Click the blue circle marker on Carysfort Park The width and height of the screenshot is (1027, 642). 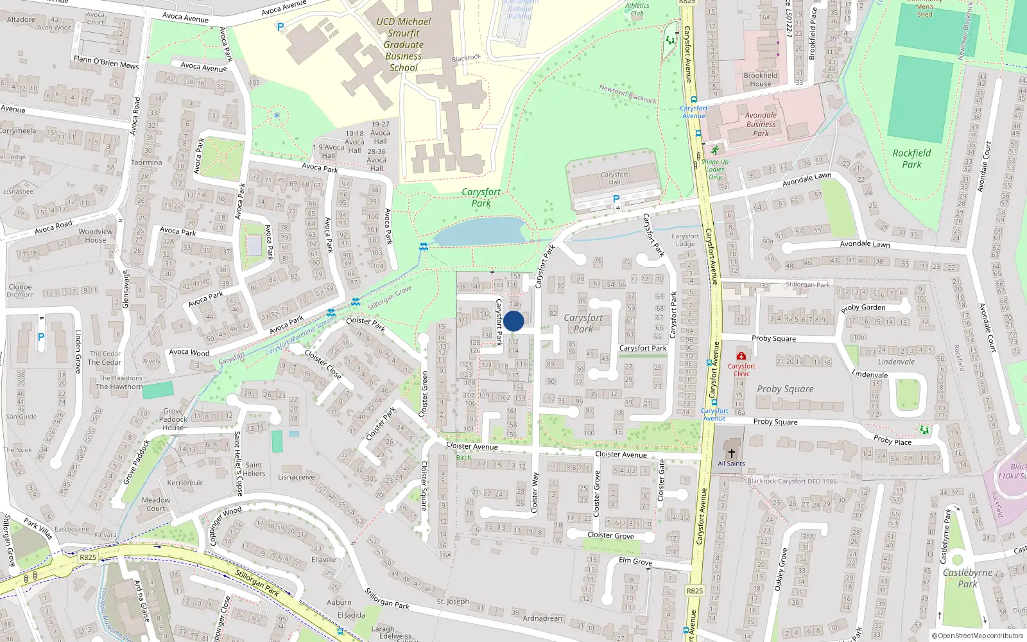click(x=513, y=321)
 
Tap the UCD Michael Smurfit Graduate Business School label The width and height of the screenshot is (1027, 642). click(x=403, y=44)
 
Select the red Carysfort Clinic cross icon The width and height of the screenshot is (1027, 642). click(x=741, y=356)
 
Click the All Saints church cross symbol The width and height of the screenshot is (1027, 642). click(x=731, y=453)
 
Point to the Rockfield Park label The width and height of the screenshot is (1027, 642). click(x=911, y=158)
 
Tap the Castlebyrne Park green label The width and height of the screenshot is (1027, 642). click(x=967, y=578)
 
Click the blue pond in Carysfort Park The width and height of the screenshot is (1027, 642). click(x=480, y=231)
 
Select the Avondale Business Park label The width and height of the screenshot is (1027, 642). click(x=761, y=125)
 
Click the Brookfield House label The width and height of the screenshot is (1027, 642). click(x=761, y=80)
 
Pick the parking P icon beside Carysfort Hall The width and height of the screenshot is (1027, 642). click(x=616, y=199)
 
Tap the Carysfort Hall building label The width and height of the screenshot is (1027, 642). click(x=614, y=178)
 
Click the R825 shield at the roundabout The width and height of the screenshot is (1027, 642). click(x=88, y=557)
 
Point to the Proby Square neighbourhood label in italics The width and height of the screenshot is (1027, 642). click(x=785, y=389)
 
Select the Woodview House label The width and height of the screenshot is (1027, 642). click(x=96, y=236)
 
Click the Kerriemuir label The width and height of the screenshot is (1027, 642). click(x=185, y=483)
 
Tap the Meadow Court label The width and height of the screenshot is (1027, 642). click(x=156, y=504)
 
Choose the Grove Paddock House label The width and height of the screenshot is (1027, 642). click(x=173, y=419)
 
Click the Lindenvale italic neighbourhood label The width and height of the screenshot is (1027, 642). click(x=896, y=362)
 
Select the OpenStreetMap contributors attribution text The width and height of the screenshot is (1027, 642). click(x=980, y=636)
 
